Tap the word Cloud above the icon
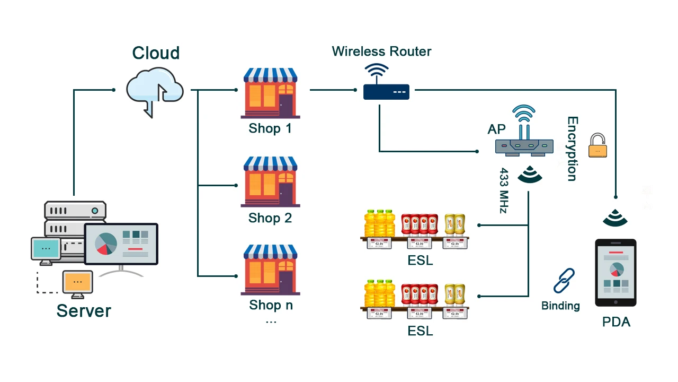(156, 53)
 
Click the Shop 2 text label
(270, 218)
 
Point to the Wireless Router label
(381, 51)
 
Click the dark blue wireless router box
(386, 92)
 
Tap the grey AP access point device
(524, 145)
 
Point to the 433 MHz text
(504, 191)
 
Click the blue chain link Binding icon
(564, 281)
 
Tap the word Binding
(560, 306)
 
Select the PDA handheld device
(615, 273)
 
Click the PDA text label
(616, 322)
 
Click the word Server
(84, 310)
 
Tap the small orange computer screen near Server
(77, 282)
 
